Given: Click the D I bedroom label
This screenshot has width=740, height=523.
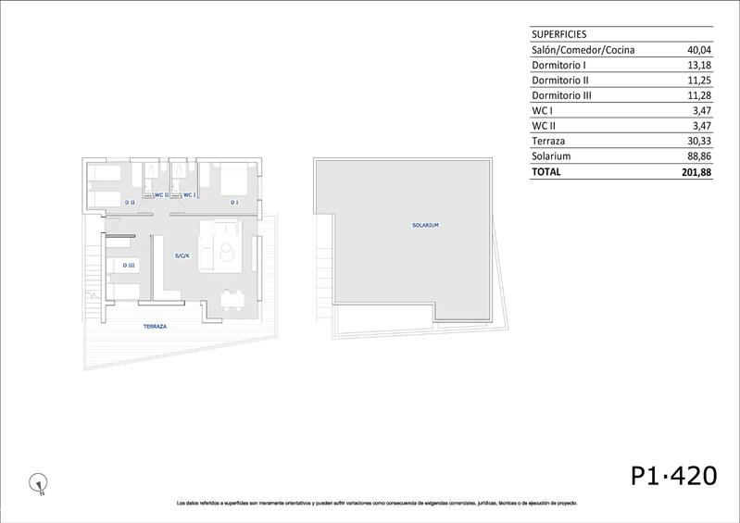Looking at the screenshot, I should [x=234, y=202].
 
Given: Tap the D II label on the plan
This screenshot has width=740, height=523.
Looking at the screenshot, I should [x=130, y=202].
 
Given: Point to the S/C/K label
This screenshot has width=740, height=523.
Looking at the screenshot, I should [x=182, y=255].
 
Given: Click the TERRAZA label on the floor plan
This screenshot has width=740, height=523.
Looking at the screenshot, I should [x=155, y=327].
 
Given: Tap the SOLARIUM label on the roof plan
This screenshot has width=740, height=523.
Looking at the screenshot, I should [x=425, y=225].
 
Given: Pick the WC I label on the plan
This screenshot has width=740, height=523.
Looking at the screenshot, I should [x=187, y=194].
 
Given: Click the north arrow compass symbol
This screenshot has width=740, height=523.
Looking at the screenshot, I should [x=37, y=481].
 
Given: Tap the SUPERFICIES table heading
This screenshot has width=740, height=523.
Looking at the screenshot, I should [x=558, y=33].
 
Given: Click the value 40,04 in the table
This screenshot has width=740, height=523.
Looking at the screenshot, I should [x=698, y=50].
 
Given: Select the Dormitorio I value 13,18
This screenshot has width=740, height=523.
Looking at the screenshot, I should [x=698, y=66].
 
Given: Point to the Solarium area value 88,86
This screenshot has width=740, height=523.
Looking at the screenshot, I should [x=698, y=156].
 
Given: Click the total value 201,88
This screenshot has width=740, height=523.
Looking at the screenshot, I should [x=696, y=172].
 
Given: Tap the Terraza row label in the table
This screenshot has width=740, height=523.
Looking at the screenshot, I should [x=550, y=142].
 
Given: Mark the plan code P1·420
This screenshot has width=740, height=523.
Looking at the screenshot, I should [x=673, y=476].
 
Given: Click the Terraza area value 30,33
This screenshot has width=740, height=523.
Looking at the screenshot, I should [x=698, y=142].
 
